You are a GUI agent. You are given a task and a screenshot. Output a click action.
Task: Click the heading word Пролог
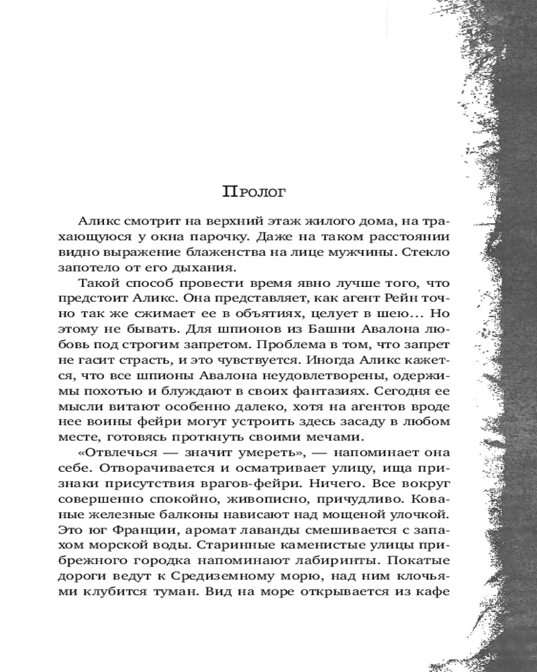[x=254, y=192]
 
